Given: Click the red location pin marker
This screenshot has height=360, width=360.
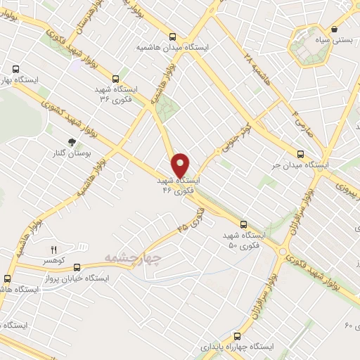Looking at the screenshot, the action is pos(181,165).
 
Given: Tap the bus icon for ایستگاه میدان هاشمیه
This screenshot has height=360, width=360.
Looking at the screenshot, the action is pos(174,37).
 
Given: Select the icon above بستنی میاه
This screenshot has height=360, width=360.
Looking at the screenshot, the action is pos(333,30).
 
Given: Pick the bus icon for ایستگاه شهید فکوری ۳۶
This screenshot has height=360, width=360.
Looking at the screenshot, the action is pos(115,79).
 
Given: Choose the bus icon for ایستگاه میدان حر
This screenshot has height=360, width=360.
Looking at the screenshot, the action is pos(300,154).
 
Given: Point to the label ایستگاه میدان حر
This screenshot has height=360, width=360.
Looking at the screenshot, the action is pos(301,165).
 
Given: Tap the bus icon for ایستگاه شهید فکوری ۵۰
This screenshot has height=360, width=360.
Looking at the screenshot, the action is pos(244,224).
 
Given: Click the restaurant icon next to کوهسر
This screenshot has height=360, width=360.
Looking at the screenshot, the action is pos(53,250).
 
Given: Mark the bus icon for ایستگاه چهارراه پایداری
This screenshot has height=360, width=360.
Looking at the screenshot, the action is pos(237,336).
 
